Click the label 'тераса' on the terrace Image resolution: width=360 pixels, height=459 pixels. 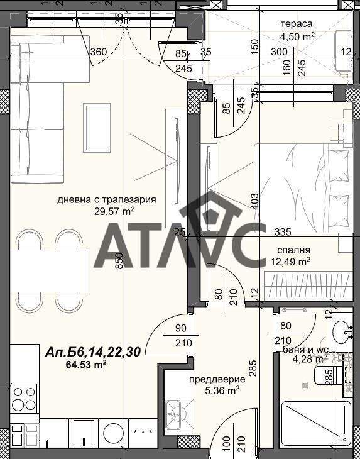pyautogui.click(x=297, y=24)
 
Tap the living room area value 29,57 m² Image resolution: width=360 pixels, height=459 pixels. pyautogui.click(x=114, y=211)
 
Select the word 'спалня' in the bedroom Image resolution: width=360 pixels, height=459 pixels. pyautogui.click(x=293, y=251)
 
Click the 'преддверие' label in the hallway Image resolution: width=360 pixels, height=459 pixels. pyautogui.click(x=217, y=380)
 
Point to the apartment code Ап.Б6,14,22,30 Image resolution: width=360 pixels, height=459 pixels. pyautogui.click(x=93, y=352)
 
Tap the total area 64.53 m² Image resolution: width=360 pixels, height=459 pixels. pyautogui.click(x=86, y=365)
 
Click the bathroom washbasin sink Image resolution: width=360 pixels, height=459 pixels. pyautogui.click(x=341, y=333)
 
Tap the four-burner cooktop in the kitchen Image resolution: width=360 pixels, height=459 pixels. pyautogui.click(x=25, y=399)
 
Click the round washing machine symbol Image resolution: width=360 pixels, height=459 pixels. pyautogui.click(x=113, y=433)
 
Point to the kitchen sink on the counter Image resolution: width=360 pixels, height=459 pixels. pyautogui.click(x=84, y=433)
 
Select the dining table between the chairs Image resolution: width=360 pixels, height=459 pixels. pyautogui.click(x=50, y=271)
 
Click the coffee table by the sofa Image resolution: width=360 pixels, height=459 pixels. pyautogui.click(x=97, y=128)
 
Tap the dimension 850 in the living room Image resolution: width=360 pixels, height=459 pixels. pyautogui.click(x=119, y=261)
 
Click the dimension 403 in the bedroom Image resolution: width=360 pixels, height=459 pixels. pyautogui.click(x=254, y=201)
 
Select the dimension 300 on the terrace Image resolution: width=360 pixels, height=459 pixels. pyautogui.click(x=279, y=52)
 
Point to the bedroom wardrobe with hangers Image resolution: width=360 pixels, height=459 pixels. pyautogui.click(x=308, y=285)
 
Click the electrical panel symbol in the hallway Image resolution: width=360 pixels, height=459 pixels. pyautogui.click(x=178, y=413)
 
